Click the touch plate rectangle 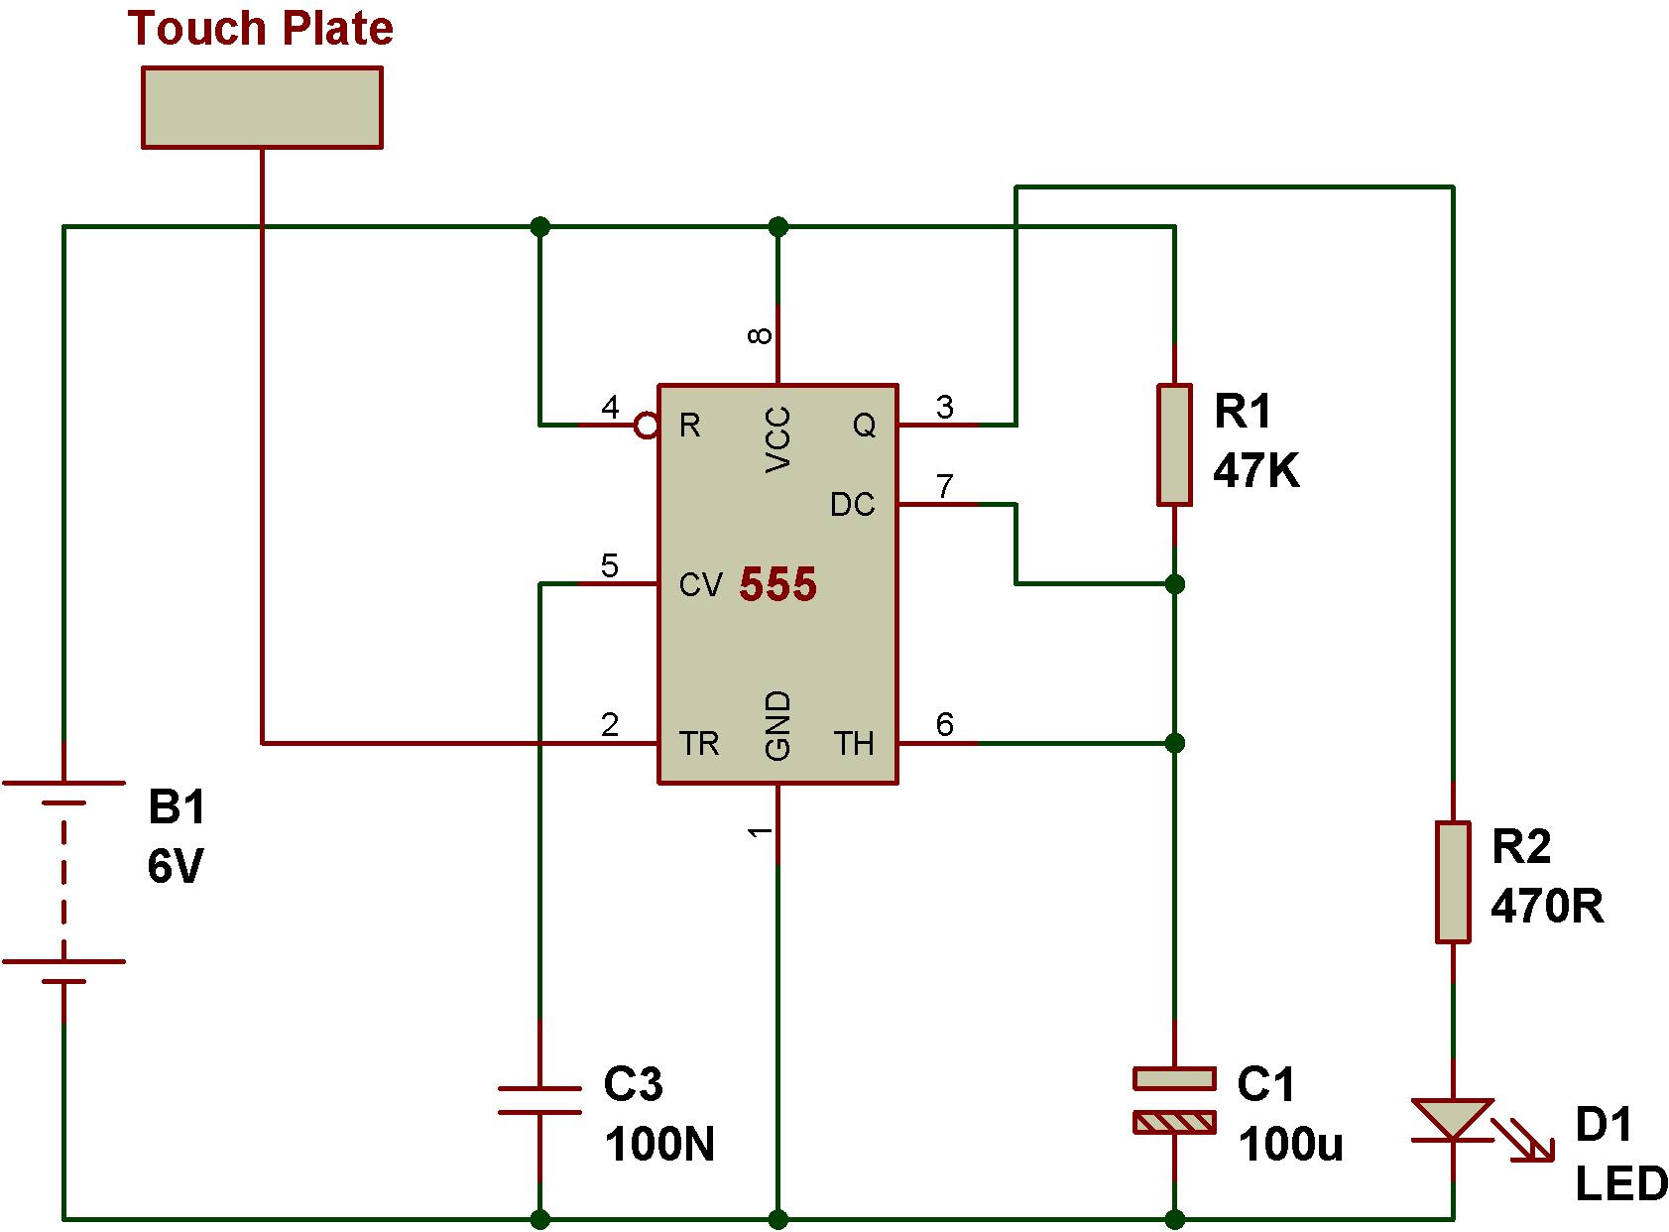coord(262,107)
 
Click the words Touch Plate coord(260,28)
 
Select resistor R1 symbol coord(1174,445)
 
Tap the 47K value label coord(1255,472)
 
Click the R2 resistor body coord(1453,881)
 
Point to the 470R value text coord(1546,906)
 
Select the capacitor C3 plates coord(539,1100)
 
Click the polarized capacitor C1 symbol coord(1174,1100)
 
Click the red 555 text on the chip coord(778,585)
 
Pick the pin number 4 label coord(610,407)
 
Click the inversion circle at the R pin coord(647,426)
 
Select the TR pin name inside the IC coord(699,743)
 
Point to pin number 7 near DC coord(944,486)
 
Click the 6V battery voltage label coord(176,867)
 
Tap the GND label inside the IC coord(778,726)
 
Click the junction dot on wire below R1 coord(1174,584)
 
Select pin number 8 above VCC coord(760,335)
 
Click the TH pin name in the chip coord(854,743)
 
